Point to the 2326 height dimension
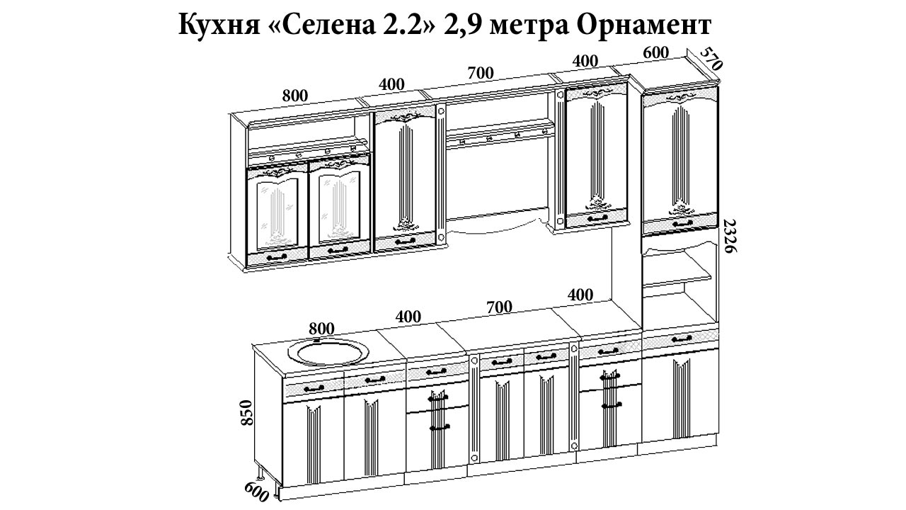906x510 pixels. pyautogui.click(x=730, y=236)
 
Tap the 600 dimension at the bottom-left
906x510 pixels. pyautogui.click(x=256, y=492)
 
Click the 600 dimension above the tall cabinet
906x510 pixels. pyautogui.click(x=655, y=52)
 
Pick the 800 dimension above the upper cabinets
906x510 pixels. pyautogui.click(x=295, y=96)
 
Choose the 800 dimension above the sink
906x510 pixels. pyautogui.click(x=321, y=329)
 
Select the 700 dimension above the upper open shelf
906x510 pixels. pyautogui.click(x=481, y=73)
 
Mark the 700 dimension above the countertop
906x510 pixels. pyautogui.click(x=500, y=307)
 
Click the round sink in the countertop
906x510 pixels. pyautogui.click(x=328, y=351)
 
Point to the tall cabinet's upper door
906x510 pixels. pyautogui.click(x=680, y=164)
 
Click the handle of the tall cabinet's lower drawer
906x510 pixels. pyautogui.click(x=682, y=339)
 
